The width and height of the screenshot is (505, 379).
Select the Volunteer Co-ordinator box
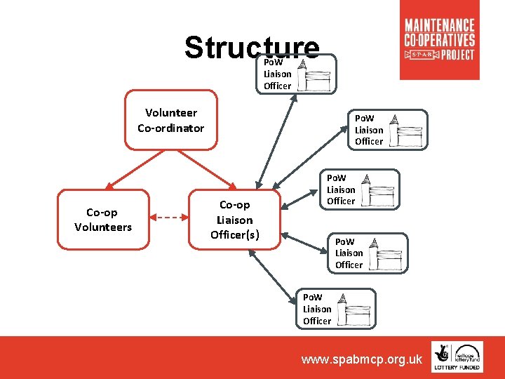[x=171, y=120]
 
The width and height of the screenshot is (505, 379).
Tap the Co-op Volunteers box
[x=103, y=219]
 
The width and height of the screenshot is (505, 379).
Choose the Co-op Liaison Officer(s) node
[x=234, y=219]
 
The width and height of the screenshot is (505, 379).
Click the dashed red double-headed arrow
[x=170, y=218]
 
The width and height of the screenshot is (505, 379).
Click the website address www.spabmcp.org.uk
[x=361, y=359]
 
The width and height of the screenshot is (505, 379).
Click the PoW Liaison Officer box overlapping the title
[x=297, y=74]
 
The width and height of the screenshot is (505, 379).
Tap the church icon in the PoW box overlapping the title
[x=314, y=75]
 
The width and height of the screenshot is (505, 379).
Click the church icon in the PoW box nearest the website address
[x=354, y=310]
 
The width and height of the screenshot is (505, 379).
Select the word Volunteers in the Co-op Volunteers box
[x=103, y=227]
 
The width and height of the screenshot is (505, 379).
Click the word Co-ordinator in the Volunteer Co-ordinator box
[x=171, y=128]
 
